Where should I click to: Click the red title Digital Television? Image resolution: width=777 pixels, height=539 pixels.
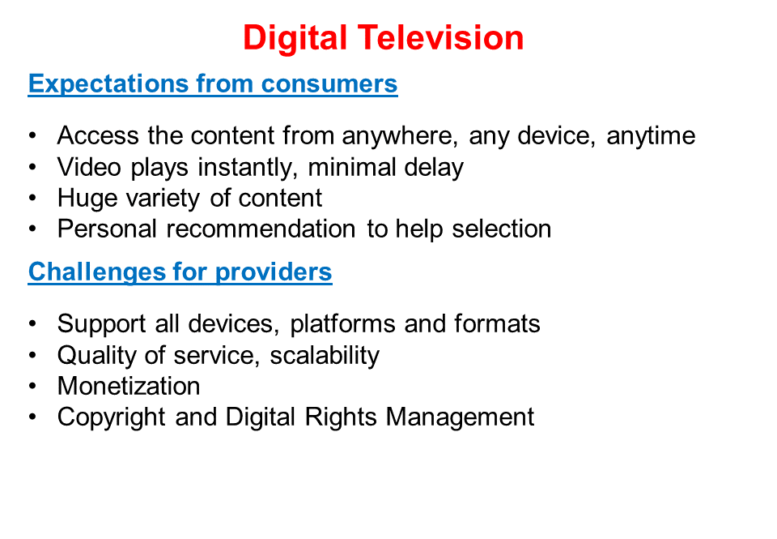(383, 38)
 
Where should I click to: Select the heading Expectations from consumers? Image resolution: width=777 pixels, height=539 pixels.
(213, 83)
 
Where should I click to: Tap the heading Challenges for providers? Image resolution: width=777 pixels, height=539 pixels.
(180, 272)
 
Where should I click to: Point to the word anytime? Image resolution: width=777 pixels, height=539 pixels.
(651, 136)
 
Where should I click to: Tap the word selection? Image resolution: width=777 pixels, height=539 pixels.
(502, 229)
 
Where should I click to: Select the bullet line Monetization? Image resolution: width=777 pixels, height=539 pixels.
(129, 386)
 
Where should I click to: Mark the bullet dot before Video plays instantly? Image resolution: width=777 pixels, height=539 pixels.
(32, 168)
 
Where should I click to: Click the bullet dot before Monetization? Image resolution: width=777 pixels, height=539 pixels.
(32, 386)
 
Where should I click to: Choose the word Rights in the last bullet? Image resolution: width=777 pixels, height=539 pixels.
(339, 417)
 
